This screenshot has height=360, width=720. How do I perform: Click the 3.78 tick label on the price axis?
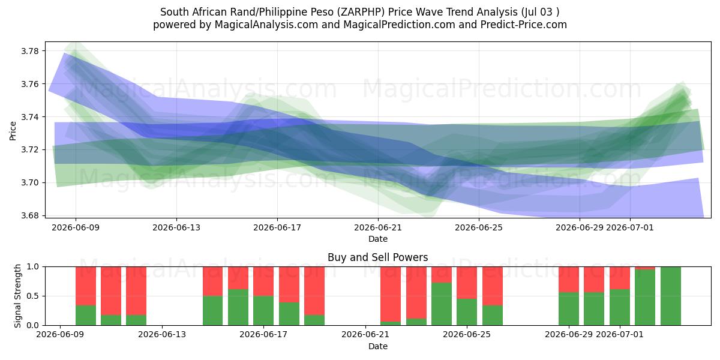click(29, 51)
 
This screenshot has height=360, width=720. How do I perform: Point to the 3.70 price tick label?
click(29, 182)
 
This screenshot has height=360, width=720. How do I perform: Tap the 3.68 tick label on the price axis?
click(29, 215)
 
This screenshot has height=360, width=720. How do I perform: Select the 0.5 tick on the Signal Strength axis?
click(32, 296)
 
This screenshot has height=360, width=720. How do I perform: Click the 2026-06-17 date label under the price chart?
click(277, 227)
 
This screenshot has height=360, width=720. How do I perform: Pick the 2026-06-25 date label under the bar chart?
click(467, 334)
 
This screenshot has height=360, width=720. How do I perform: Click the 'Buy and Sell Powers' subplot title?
click(377, 257)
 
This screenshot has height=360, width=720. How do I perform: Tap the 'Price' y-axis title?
click(13, 131)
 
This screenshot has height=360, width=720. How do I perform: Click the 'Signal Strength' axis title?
click(17, 296)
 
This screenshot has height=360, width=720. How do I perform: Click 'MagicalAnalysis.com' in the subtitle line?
click(266, 25)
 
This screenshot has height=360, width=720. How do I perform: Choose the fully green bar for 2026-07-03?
click(671, 296)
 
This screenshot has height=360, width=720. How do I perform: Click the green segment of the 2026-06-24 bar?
click(442, 304)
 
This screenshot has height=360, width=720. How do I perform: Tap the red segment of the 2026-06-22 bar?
click(391, 294)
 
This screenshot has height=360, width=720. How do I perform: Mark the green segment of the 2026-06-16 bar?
click(238, 307)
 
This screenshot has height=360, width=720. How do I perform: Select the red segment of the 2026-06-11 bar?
click(111, 290)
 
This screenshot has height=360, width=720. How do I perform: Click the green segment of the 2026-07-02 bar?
click(645, 298)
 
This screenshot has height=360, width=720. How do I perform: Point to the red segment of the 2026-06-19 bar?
click(314, 290)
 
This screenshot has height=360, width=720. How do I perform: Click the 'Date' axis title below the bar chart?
click(377, 346)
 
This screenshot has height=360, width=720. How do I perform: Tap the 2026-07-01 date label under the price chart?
click(629, 227)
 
